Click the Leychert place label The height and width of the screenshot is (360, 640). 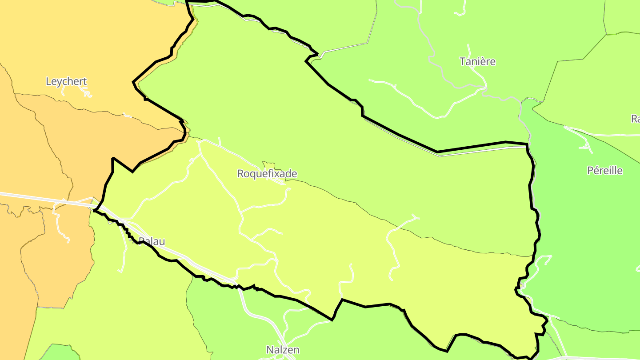click(x=66, y=81)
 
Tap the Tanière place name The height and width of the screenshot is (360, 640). click(x=477, y=61)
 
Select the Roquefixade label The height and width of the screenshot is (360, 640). click(x=267, y=173)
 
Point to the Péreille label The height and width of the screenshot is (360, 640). click(x=605, y=170)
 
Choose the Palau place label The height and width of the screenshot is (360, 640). click(x=152, y=241)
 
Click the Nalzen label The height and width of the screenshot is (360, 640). click(x=283, y=350)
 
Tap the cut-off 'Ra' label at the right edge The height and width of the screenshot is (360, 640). click(x=635, y=119)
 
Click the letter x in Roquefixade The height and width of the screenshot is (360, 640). click(x=276, y=173)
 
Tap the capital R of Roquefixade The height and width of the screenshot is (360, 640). click(x=240, y=173)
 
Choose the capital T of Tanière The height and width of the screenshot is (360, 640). click(x=463, y=61)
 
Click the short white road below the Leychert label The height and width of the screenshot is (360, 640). click(x=84, y=92)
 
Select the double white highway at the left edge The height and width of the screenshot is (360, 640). click(x=27, y=196)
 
